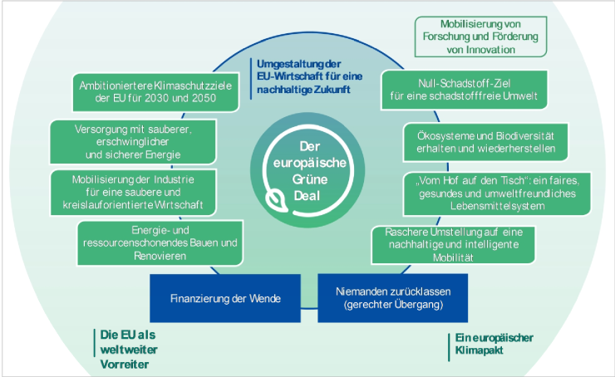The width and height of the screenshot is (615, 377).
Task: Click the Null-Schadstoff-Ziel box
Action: (465, 90)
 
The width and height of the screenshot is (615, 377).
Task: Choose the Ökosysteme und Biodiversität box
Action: (485, 142)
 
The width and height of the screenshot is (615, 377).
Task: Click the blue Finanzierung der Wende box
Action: (224, 298)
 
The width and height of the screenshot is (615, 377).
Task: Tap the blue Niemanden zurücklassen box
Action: (393, 298)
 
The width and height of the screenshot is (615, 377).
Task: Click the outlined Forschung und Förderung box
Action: (480, 37)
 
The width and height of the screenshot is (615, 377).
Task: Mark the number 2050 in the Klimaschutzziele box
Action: (202, 99)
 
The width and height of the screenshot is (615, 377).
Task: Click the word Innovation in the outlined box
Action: (480, 50)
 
